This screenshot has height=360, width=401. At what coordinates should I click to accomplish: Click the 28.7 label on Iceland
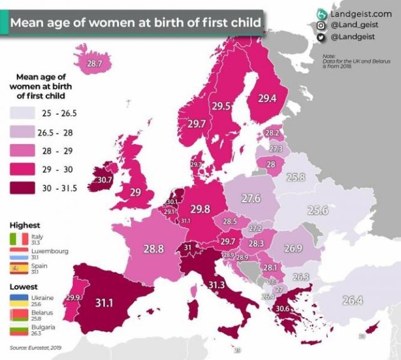click(94, 63)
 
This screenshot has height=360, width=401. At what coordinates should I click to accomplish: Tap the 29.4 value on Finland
click(267, 98)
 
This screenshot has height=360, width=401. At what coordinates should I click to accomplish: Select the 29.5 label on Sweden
click(221, 106)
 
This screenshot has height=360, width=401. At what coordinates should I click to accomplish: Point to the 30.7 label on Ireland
click(105, 180)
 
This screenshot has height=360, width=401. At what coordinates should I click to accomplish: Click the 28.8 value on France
click(154, 249)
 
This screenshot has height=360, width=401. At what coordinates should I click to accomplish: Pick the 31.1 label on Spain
click(104, 302)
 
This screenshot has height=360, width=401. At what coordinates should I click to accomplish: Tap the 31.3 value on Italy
click(216, 285)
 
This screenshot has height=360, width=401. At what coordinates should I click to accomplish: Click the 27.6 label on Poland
click(251, 198)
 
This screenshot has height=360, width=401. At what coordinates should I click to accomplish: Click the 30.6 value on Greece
click(282, 309)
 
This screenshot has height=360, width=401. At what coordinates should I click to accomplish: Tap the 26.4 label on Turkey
click(352, 301)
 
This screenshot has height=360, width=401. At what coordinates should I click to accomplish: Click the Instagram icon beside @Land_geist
click(320, 26)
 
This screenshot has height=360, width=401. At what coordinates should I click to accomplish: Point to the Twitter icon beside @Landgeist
click(320, 38)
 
